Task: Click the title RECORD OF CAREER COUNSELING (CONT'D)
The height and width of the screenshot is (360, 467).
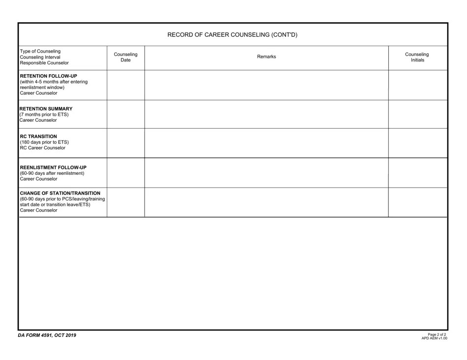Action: click(233, 35)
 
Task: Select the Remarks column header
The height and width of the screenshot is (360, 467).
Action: click(266, 57)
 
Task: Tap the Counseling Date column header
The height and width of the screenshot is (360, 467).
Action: click(126, 57)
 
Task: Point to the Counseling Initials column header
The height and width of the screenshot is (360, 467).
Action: click(417, 57)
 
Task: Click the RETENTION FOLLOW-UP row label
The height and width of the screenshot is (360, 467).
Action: click(48, 76)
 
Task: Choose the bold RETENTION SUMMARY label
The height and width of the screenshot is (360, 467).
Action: click(46, 109)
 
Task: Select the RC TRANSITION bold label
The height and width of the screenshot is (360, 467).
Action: click(38, 136)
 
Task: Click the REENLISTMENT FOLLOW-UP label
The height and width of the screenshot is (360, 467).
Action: click(53, 167)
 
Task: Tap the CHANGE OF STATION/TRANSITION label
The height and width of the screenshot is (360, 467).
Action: click(60, 193)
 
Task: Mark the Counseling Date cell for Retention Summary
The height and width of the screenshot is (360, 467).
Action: click(126, 114)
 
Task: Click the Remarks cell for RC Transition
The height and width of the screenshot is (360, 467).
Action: click(266, 143)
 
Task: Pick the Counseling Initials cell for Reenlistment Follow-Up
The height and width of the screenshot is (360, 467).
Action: click(418, 173)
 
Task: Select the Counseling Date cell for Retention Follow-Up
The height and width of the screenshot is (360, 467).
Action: click(126, 85)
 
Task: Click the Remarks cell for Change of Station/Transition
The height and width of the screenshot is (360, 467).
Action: click(266, 202)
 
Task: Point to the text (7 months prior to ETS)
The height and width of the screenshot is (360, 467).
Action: click(44, 114)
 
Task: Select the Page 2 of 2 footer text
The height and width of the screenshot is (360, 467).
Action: click(437, 334)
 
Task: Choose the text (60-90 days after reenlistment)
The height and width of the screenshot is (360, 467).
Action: click(52, 173)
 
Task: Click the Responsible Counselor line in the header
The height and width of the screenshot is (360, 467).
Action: click(44, 63)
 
